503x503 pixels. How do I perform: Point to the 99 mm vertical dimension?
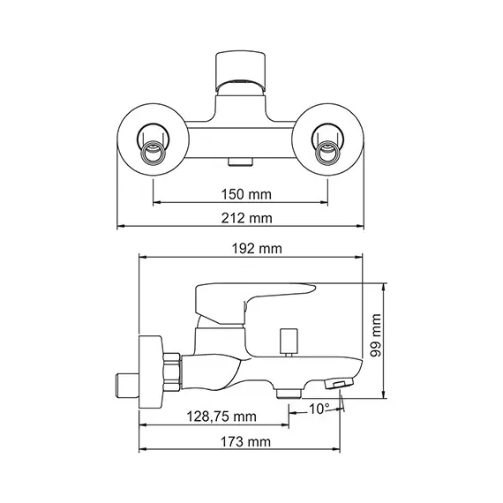tap(376, 337)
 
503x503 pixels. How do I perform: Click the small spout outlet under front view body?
tap(239, 162)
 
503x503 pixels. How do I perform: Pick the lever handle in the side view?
tap(256, 296)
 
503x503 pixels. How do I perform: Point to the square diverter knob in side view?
tap(287, 341)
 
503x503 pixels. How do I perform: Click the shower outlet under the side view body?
tap(288, 391)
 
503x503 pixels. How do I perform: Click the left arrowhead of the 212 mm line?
tap(121, 227)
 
